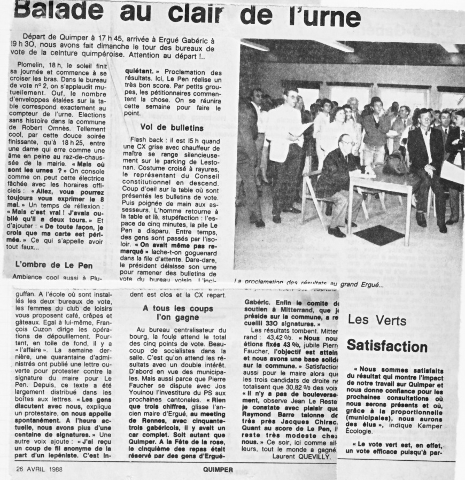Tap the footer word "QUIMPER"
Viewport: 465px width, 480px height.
pos(217,470)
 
